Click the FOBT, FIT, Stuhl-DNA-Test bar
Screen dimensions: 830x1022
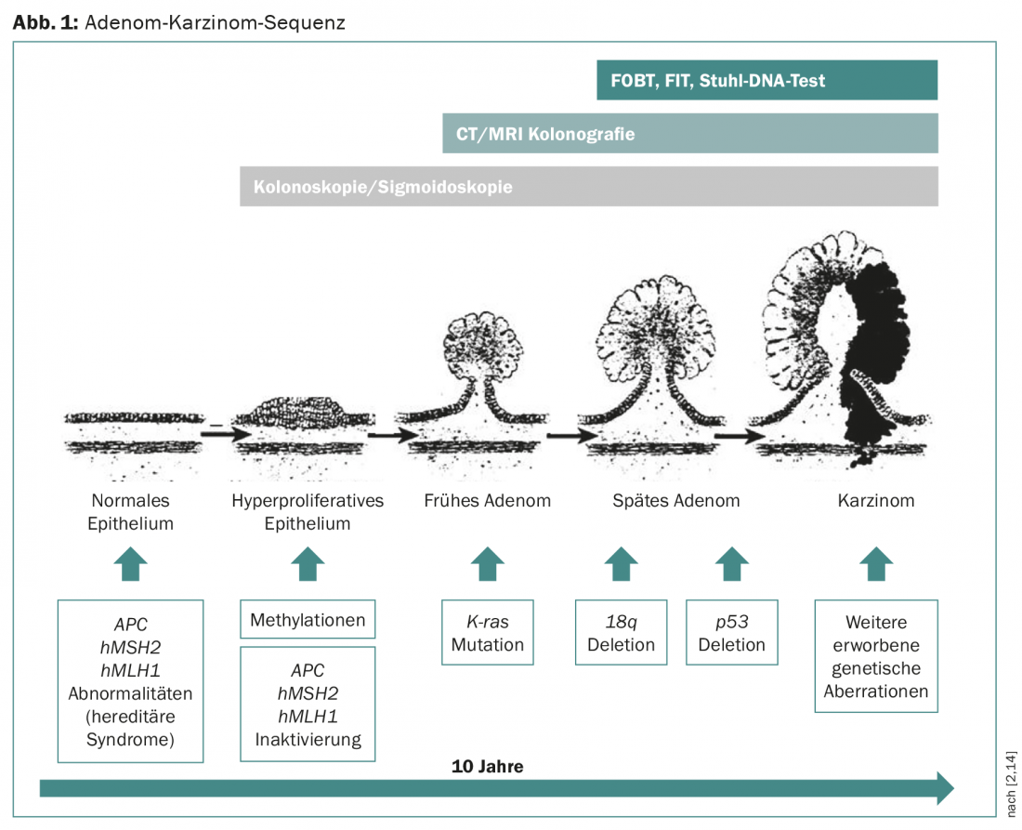(x=766, y=81)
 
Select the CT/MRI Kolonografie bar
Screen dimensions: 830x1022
(x=689, y=134)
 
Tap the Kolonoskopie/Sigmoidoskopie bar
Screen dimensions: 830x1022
(x=588, y=187)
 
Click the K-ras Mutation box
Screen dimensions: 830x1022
(x=488, y=632)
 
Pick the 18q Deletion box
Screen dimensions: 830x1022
(x=621, y=632)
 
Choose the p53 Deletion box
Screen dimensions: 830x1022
(x=731, y=632)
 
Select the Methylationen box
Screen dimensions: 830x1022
(x=308, y=620)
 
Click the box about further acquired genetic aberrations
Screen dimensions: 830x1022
(x=875, y=656)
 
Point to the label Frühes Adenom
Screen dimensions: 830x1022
(x=487, y=501)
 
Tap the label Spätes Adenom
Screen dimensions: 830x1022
(x=675, y=501)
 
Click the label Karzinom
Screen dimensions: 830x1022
(x=875, y=501)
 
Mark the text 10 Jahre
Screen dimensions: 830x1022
(x=487, y=767)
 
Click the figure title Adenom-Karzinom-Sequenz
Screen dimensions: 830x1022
(x=215, y=22)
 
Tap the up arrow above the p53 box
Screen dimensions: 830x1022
(x=731, y=563)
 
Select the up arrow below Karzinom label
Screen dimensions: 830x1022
(x=875, y=563)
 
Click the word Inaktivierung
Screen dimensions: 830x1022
(x=308, y=740)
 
